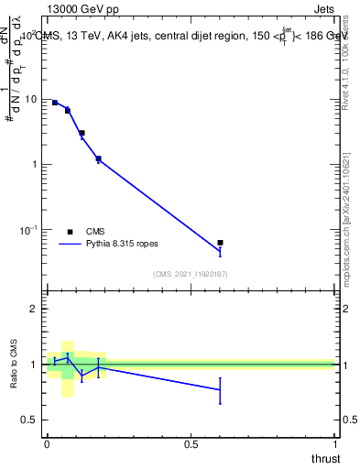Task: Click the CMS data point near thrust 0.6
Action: point(220,243)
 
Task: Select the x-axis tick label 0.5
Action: point(191,444)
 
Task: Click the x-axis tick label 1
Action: point(335,444)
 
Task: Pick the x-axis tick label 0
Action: point(47,444)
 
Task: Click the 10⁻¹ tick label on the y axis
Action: point(29,229)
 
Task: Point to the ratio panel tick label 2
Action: point(37,309)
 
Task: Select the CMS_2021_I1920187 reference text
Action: point(191,274)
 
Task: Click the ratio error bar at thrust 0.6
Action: point(220,390)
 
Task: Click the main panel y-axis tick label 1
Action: point(37,165)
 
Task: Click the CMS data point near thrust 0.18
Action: point(98,158)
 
